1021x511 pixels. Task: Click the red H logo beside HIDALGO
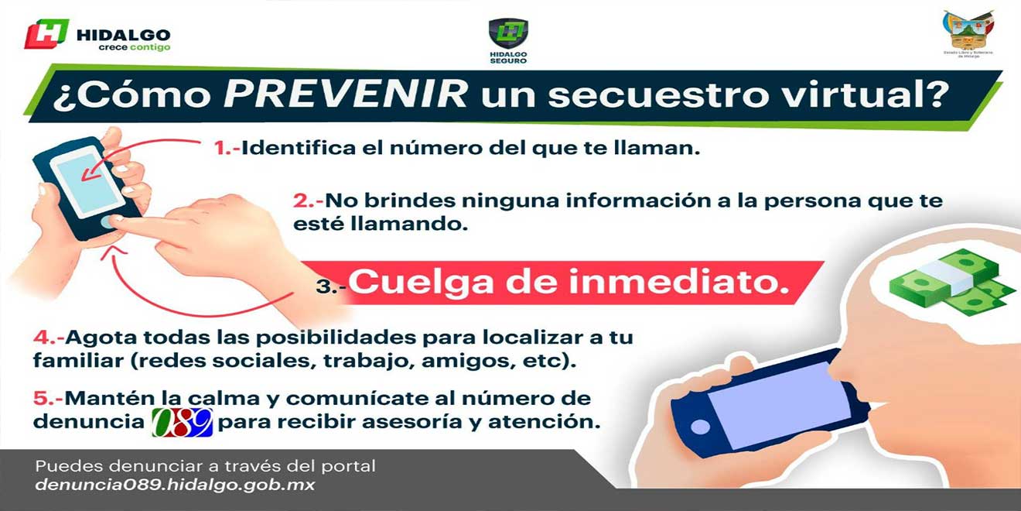pyautogui.click(x=46, y=33)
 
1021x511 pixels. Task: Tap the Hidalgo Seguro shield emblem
pyautogui.click(x=508, y=34)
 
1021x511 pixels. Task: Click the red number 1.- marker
pyautogui.click(x=227, y=147)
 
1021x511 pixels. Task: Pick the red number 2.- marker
pyautogui.click(x=308, y=201)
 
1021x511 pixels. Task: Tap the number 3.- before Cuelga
pyautogui.click(x=330, y=286)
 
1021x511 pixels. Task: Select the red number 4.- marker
pyautogui.click(x=48, y=338)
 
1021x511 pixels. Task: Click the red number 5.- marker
pyautogui.click(x=48, y=399)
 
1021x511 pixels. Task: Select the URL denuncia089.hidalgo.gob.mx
pyautogui.click(x=175, y=485)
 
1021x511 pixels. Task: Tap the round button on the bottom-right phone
pyautogui.click(x=700, y=426)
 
